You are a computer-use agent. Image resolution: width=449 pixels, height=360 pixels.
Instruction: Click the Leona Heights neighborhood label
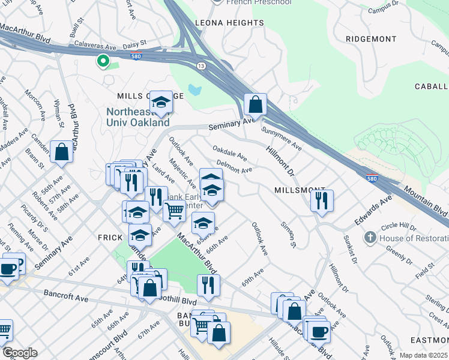(x=229, y=23)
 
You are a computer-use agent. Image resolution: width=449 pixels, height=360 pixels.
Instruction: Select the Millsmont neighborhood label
(x=300, y=189)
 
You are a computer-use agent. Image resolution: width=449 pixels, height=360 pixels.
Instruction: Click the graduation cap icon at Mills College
(x=161, y=103)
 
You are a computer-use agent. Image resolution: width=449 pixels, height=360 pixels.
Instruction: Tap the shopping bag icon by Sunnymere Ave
(x=256, y=104)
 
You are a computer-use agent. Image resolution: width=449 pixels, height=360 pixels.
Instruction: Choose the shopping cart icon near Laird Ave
(x=174, y=211)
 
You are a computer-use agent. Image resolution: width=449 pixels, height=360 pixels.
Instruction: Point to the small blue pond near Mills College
(x=194, y=90)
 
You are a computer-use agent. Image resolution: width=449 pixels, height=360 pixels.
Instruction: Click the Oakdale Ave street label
(x=229, y=152)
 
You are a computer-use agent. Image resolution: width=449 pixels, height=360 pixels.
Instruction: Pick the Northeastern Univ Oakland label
(x=138, y=117)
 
